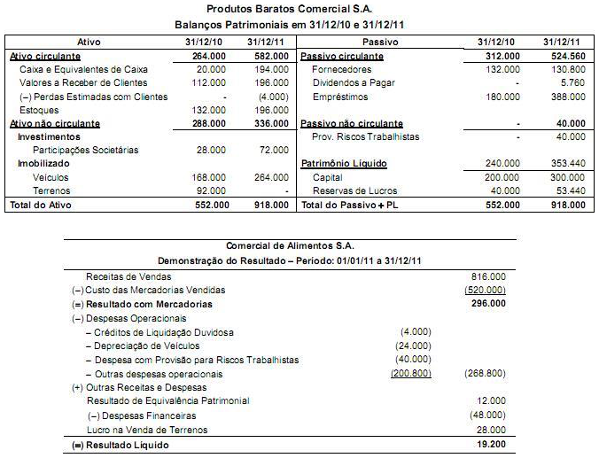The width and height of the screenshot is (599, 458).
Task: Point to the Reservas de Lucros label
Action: (x=355, y=190)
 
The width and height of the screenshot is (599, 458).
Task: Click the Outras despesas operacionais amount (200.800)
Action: (x=410, y=373)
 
